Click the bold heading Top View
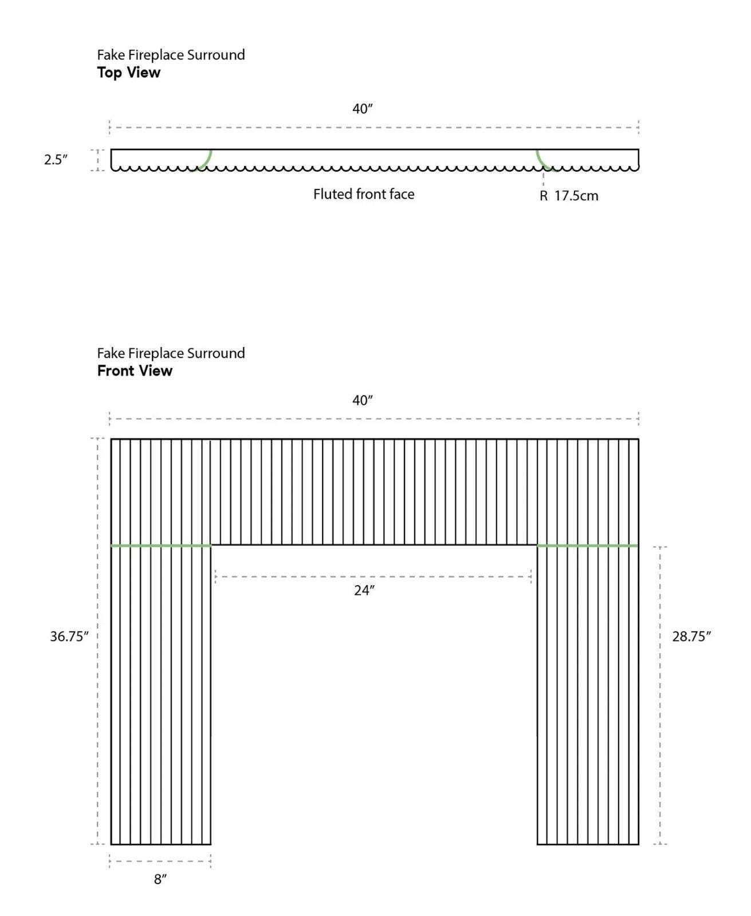point(128,73)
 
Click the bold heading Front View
point(135,371)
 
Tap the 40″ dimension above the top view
point(362,109)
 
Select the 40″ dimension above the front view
point(362,401)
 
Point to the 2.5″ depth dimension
point(56,160)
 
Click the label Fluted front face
point(363,195)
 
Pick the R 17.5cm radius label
point(568,196)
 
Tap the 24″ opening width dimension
point(364,591)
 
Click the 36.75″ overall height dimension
point(69,637)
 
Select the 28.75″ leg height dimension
point(691,637)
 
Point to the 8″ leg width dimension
point(160,879)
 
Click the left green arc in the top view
point(206,161)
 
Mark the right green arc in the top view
point(542,161)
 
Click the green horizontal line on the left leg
point(160,546)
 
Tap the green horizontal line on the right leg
point(587,546)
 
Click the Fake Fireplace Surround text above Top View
point(171,55)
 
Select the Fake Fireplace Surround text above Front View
point(171,353)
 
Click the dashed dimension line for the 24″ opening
point(372,577)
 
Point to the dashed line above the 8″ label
point(160,861)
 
